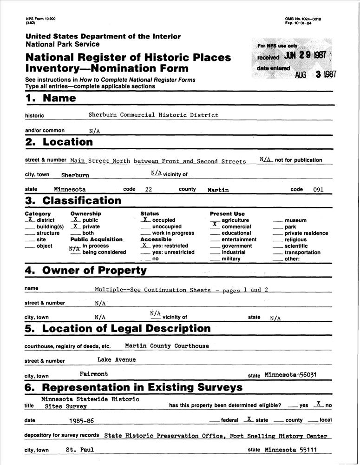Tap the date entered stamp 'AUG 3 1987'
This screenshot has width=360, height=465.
click(x=315, y=74)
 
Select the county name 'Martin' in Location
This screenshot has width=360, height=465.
click(x=218, y=190)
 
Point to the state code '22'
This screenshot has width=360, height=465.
click(x=149, y=190)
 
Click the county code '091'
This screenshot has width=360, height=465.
click(x=318, y=190)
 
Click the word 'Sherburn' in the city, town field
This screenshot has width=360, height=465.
click(x=75, y=176)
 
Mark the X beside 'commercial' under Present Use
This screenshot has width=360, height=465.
click(x=215, y=225)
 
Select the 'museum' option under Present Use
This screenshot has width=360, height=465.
click(x=295, y=220)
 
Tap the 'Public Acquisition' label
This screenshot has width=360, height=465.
click(x=97, y=239)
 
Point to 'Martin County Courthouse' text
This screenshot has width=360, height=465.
click(x=167, y=346)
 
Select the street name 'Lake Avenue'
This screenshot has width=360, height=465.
click(x=117, y=359)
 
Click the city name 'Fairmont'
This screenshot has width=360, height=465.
click(x=94, y=374)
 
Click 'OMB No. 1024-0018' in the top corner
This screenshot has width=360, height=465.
click(x=303, y=19)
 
